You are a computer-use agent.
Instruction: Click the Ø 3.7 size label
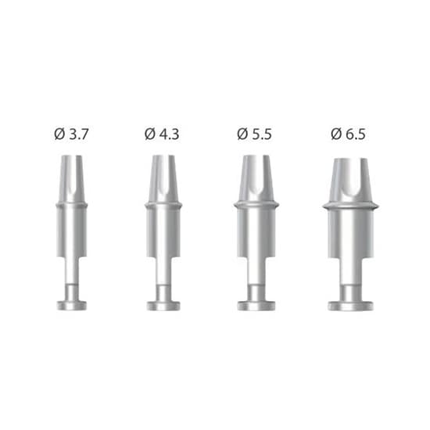click(x=71, y=134)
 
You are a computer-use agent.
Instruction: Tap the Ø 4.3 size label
click(x=163, y=134)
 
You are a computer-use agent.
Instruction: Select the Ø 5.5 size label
click(x=256, y=134)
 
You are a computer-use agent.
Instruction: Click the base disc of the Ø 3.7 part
click(x=71, y=304)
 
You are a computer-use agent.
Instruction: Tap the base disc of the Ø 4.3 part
click(x=163, y=304)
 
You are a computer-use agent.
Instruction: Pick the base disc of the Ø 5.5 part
click(x=256, y=304)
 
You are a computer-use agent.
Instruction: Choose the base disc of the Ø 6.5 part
click(x=350, y=304)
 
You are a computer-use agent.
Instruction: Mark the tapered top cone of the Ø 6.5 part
click(x=350, y=179)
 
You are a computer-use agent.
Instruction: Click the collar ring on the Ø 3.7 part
click(x=71, y=205)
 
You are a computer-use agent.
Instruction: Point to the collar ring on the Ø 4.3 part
click(x=163, y=205)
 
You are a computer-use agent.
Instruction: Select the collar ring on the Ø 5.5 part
click(x=256, y=205)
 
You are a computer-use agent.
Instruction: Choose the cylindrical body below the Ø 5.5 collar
click(x=256, y=235)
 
